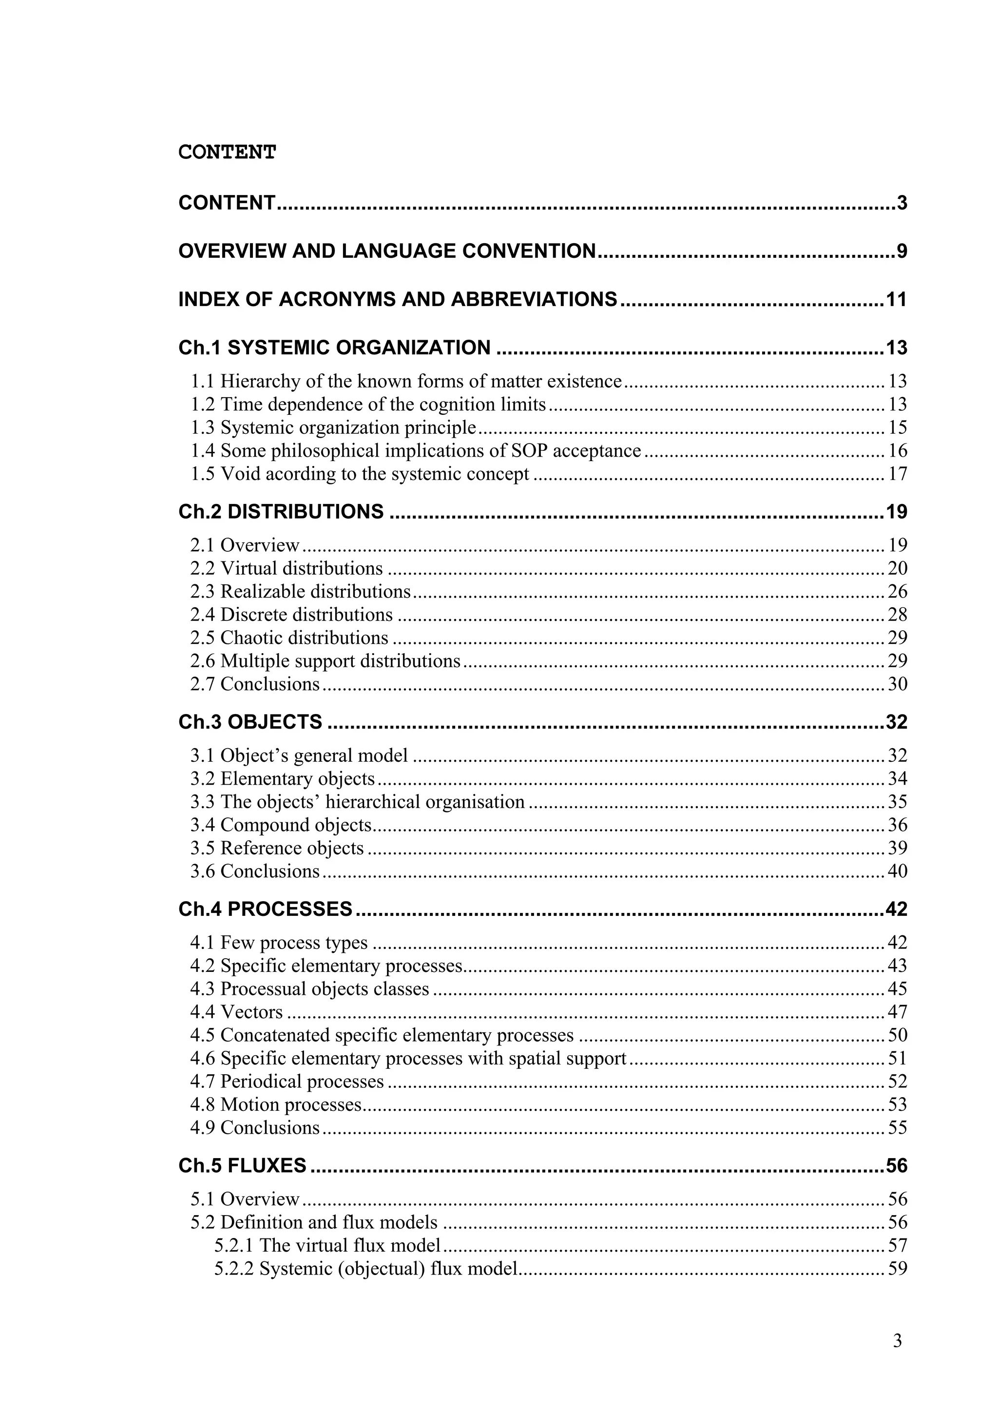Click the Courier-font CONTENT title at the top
tap(227, 152)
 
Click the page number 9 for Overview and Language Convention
tap(902, 251)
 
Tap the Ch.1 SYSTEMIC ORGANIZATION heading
tap(334, 348)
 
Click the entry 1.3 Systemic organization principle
tap(333, 427)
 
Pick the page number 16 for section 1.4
tap(897, 451)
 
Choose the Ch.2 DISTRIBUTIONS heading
tap(281, 512)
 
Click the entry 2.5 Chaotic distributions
tap(289, 638)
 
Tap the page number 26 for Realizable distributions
tap(897, 592)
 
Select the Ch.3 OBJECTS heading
tap(250, 722)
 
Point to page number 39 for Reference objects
tap(897, 848)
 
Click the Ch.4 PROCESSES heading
tap(266, 909)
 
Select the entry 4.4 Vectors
tap(237, 1012)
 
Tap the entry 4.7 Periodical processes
tap(287, 1082)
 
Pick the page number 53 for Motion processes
tap(897, 1105)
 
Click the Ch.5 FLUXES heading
tap(242, 1166)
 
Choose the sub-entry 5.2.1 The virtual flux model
tap(327, 1246)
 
